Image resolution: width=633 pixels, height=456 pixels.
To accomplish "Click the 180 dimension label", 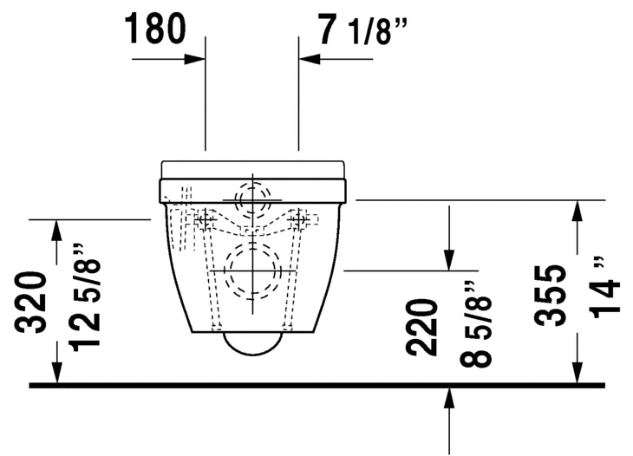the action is coord(156,29).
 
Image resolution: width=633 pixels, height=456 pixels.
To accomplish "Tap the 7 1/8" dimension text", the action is coord(362,29).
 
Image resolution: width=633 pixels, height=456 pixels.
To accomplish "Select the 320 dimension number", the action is coord(30,303).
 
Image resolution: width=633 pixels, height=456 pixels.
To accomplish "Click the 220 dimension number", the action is coord(422,328).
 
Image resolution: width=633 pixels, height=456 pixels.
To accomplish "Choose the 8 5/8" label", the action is coord(475,323).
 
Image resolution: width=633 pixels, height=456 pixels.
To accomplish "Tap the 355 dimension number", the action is coord(549,296).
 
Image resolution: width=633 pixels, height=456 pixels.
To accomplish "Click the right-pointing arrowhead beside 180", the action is coord(195,59).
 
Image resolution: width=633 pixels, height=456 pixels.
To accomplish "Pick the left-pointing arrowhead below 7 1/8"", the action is coord(310,59).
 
